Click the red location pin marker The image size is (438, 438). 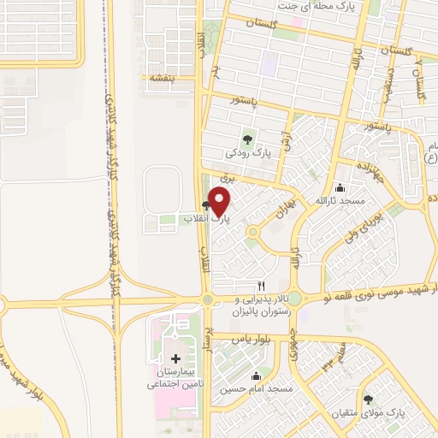click(220, 202)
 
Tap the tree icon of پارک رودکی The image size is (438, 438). click(248, 137)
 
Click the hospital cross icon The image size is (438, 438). click(176, 358)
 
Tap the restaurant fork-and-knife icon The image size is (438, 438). click(262, 286)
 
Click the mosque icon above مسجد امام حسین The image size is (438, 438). click(256, 376)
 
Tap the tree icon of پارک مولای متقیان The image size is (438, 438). click(368, 400)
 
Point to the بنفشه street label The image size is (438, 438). click(163, 77)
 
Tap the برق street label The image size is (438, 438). click(227, 177)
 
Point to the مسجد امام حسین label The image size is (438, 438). click(256, 388)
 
